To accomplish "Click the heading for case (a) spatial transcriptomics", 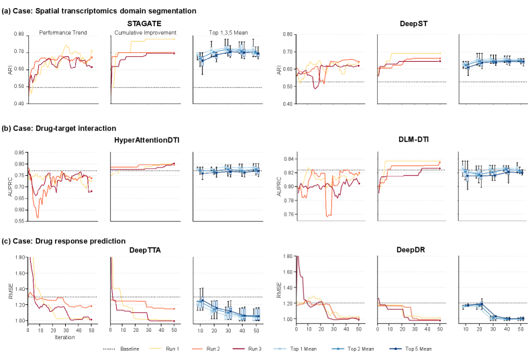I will [99, 11].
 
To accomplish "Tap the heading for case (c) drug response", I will [64, 241].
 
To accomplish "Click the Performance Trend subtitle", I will [62, 33].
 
